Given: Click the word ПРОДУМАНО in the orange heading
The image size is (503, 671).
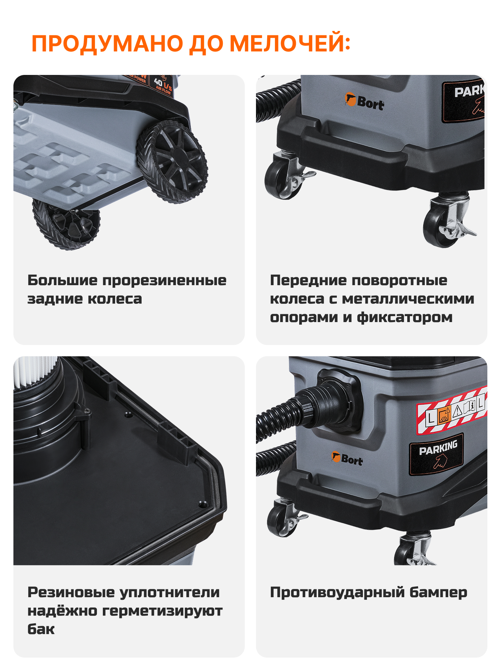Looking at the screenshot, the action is [x=108, y=44].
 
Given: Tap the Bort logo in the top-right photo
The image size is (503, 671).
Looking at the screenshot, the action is [x=364, y=102].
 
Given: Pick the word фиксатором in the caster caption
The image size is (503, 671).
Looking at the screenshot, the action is [x=405, y=317].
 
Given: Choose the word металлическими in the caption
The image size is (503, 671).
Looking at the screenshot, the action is [x=408, y=299].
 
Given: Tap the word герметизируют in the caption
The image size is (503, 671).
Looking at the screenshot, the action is [x=162, y=611].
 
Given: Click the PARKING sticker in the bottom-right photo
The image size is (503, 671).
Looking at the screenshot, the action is [x=436, y=454].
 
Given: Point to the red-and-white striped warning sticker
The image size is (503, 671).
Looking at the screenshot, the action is [x=452, y=410].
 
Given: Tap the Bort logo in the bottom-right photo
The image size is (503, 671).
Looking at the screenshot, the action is [x=347, y=459].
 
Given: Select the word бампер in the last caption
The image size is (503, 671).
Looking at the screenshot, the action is [x=438, y=592].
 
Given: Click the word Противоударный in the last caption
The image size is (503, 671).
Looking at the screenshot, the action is [x=337, y=592].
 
